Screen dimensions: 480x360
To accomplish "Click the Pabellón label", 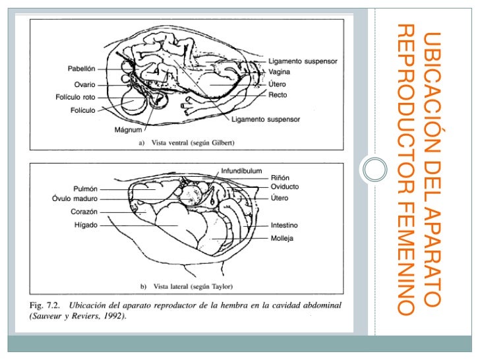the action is tap(82, 69).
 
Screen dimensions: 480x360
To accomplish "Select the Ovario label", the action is tap(84, 84).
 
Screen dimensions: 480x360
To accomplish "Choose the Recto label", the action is tap(278, 95).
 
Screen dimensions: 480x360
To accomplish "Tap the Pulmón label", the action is tap(86, 189).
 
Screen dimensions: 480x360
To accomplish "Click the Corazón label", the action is tap(84, 212).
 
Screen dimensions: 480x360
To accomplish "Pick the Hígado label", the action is tap(86, 225).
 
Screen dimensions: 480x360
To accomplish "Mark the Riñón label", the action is tap(280, 177).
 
